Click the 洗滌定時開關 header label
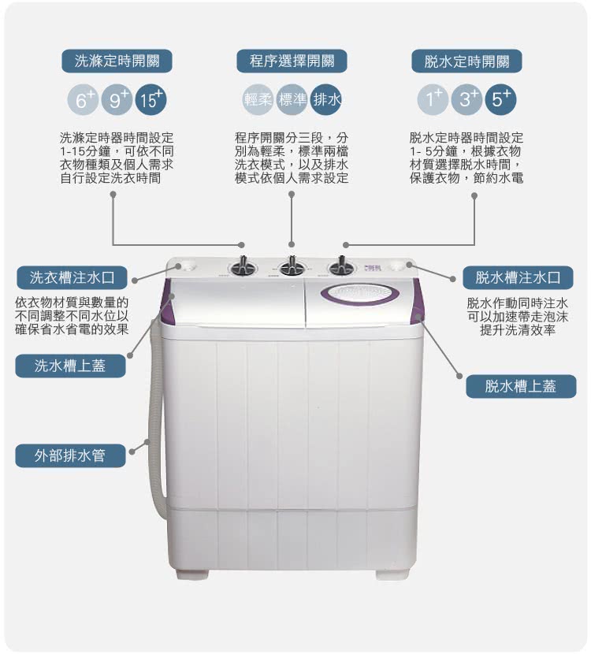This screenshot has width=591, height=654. (x=117, y=61)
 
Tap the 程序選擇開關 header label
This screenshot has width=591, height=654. (x=292, y=61)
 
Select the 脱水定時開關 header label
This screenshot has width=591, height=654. (x=466, y=61)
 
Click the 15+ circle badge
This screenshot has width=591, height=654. (x=151, y=100)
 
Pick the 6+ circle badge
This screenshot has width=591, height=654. (x=83, y=100)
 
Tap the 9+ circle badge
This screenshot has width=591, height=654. (x=117, y=100)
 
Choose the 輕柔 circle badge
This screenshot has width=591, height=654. (x=258, y=100)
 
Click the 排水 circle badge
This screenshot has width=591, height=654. (x=325, y=100)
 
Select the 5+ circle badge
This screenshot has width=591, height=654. (x=501, y=100)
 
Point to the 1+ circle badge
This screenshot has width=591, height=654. (x=433, y=100)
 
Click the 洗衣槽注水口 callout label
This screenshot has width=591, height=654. (x=72, y=278)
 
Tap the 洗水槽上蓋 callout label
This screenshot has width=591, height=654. (x=70, y=366)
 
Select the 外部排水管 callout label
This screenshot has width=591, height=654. (x=70, y=455)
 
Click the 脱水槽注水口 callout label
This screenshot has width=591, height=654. (x=518, y=278)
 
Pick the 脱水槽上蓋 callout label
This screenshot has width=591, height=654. (x=521, y=387)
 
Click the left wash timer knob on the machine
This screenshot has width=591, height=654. (x=242, y=266)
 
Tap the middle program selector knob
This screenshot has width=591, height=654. (x=291, y=266)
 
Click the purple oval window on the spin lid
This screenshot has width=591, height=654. (x=360, y=293)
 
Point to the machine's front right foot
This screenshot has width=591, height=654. (x=391, y=574)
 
